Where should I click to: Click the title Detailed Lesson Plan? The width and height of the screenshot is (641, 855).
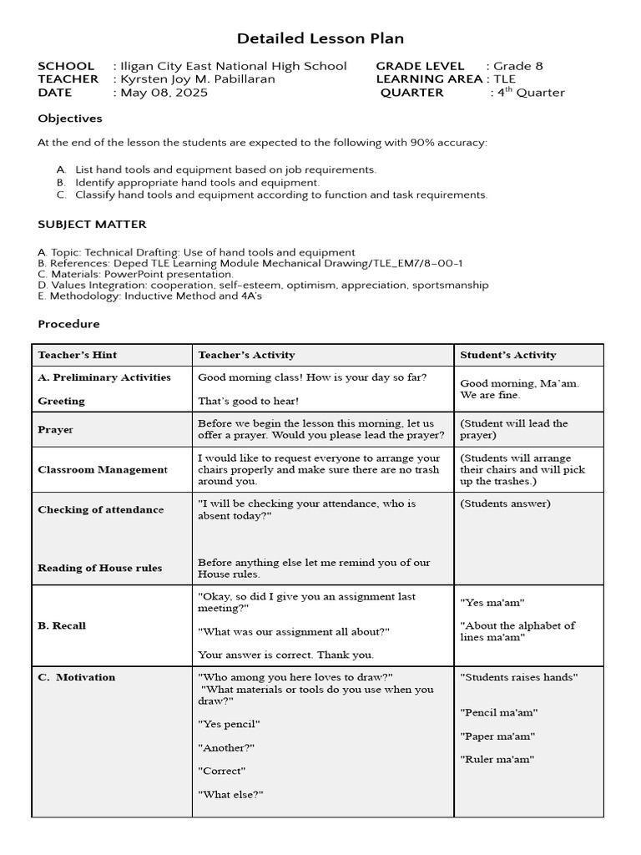pyautogui.click(x=320, y=38)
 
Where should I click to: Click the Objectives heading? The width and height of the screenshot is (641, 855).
pyautogui.click(x=70, y=119)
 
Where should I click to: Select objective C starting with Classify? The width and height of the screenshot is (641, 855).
pyautogui.click(x=280, y=195)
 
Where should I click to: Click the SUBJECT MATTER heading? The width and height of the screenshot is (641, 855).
pyautogui.click(x=92, y=224)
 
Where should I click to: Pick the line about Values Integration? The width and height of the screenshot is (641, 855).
pyautogui.click(x=263, y=285)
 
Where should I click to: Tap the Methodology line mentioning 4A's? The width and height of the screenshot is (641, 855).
pyautogui.click(x=149, y=296)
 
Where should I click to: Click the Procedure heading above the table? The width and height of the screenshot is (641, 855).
pyautogui.click(x=68, y=324)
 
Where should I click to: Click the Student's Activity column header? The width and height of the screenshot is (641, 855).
pyautogui.click(x=507, y=355)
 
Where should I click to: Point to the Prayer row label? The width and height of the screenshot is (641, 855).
pyautogui.click(x=55, y=429)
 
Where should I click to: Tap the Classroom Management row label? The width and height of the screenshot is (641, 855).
pyautogui.click(x=103, y=469)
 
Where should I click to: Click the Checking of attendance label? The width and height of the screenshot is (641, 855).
pyautogui.click(x=100, y=509)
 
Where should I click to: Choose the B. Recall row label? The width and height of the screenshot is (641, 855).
pyautogui.click(x=62, y=625)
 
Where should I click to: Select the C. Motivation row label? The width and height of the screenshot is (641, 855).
pyautogui.click(x=77, y=677)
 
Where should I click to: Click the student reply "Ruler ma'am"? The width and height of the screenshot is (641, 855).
pyautogui.click(x=497, y=759)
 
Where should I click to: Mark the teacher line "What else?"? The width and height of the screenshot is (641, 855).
pyautogui.click(x=230, y=794)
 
